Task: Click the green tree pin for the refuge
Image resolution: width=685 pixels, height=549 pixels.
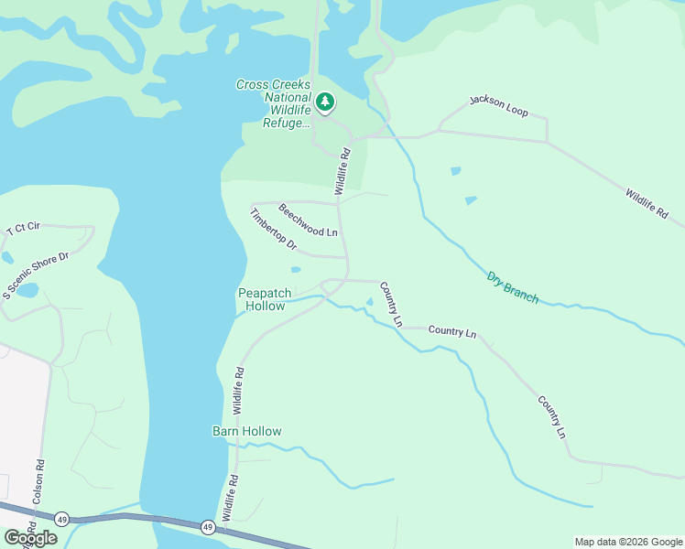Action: point(325,102)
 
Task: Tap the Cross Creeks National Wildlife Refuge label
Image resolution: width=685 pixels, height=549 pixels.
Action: point(272,103)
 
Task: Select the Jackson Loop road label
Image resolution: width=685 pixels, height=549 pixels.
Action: point(499,105)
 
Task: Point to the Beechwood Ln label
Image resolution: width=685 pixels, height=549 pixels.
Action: point(309,220)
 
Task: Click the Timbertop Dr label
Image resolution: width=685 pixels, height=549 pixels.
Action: point(273,230)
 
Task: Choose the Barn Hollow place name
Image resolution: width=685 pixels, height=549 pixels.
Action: point(247,431)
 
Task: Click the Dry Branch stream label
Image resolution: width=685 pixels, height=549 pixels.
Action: point(512,286)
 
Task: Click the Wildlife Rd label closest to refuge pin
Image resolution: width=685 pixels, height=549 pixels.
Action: point(342,172)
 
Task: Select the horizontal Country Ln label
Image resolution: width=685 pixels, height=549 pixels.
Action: point(452,332)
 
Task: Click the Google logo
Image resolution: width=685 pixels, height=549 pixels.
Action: point(30,538)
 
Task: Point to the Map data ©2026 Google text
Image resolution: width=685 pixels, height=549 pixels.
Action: point(628,542)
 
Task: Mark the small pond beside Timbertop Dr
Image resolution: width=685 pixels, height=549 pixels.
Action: point(295,270)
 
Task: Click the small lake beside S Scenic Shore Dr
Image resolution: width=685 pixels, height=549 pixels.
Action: point(27,291)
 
